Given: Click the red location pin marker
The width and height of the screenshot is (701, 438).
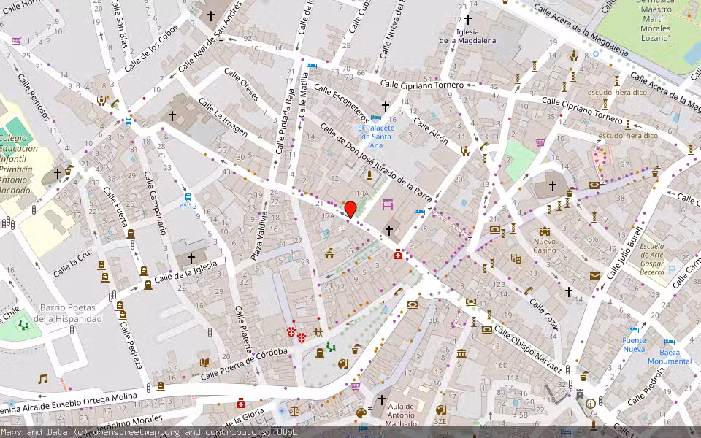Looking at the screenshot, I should coord(350,209).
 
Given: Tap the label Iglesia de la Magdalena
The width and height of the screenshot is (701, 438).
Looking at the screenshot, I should coord(467,36).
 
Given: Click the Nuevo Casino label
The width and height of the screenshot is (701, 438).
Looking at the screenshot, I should coord(544,245).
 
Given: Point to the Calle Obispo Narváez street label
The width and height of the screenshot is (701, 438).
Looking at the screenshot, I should coord(528,347).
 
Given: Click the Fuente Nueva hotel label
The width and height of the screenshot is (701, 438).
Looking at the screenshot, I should coord(634,345).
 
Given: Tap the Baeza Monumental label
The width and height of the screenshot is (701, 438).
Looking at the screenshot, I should coord(669,357).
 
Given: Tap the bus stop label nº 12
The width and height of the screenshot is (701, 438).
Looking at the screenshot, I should coord(188,207).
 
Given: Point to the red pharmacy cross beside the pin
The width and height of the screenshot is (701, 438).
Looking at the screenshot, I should coord(397,255).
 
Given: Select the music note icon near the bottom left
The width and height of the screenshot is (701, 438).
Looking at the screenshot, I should coord(43,379).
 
